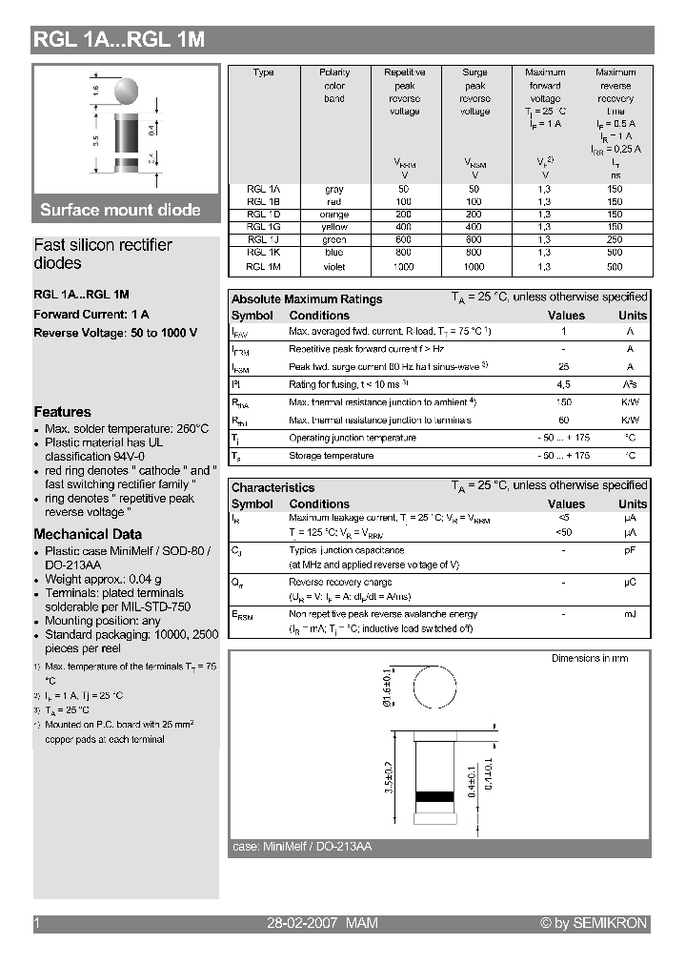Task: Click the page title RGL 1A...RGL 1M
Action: click(119, 39)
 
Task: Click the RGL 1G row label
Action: click(263, 227)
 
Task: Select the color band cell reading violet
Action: click(334, 267)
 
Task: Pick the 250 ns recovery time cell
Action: click(615, 239)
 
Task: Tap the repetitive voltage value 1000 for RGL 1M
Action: click(404, 267)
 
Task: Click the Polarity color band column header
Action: click(334, 85)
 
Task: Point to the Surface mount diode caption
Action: click(120, 210)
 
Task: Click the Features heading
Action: click(62, 412)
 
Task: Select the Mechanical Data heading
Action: click(88, 534)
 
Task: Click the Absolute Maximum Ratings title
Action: click(307, 298)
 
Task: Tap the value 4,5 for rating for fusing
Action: click(563, 384)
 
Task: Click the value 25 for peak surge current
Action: click(563, 367)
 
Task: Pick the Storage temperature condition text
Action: click(332, 456)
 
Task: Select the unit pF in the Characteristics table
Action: click(630, 550)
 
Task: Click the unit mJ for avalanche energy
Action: click(630, 614)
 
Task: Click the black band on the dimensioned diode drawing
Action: click(434, 795)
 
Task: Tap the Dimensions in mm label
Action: click(590, 658)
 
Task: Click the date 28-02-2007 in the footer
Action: click(300, 923)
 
